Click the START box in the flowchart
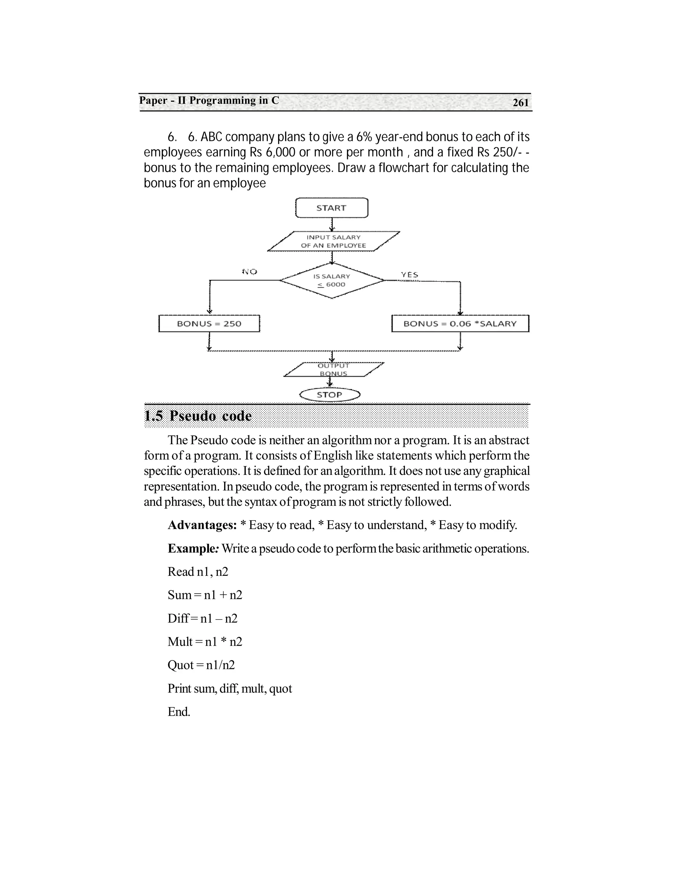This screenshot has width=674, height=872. [331, 208]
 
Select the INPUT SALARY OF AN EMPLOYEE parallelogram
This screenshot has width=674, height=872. [333, 242]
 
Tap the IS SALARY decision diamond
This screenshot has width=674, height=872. [332, 280]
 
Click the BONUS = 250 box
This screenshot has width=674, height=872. [209, 324]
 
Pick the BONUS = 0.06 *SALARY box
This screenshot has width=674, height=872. [460, 324]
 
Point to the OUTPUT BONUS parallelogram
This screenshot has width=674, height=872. [333, 370]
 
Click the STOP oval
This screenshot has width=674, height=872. [330, 395]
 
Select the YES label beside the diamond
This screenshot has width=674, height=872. [410, 275]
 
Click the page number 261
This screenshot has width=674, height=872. [521, 103]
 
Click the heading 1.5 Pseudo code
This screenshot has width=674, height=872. [198, 416]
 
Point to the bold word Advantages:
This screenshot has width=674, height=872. [202, 525]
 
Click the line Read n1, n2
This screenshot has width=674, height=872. [198, 572]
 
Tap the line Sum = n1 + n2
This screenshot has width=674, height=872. [205, 595]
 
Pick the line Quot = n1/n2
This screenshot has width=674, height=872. [201, 665]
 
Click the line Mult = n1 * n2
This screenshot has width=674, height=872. [205, 642]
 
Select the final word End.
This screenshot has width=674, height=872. [179, 712]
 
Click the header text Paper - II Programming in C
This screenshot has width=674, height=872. [209, 101]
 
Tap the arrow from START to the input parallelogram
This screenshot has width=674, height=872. [332, 224]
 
